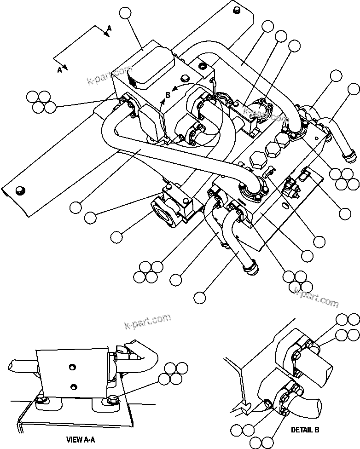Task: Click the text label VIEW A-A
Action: (x=81, y=439)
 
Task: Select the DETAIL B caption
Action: (x=305, y=430)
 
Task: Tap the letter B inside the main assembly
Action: (x=168, y=95)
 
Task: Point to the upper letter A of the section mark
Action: (x=109, y=29)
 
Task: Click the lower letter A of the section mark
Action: (x=59, y=70)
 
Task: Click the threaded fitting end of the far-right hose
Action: (x=350, y=157)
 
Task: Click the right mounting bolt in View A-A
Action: (x=112, y=400)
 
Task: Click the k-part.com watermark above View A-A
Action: (x=147, y=321)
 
